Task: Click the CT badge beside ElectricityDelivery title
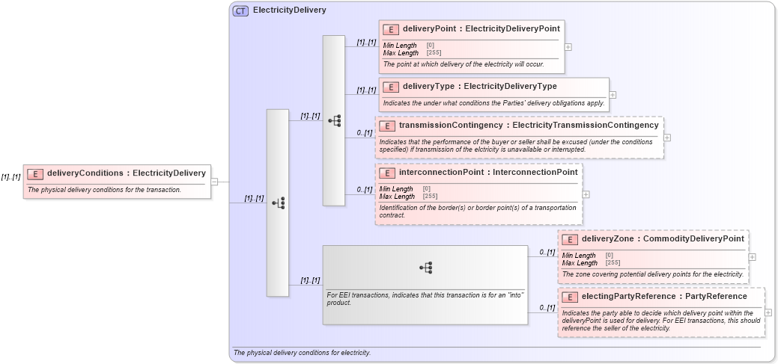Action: pos(240,11)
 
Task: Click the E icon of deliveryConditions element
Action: pos(34,173)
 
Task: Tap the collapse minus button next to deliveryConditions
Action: pos(214,181)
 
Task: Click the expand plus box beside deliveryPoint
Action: pos(568,46)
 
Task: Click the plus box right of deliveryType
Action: pos(613,95)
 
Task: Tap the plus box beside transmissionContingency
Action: pos(667,138)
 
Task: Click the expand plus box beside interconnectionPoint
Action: pos(586,194)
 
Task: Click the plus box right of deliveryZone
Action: pos(752,257)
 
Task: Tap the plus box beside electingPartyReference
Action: pos(768,312)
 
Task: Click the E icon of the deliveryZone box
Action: pos(569,239)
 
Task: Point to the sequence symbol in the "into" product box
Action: pos(426,267)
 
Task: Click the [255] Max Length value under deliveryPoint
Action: pos(434,53)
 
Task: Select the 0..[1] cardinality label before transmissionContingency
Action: pos(365,133)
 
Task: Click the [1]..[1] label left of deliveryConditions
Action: pos(10,177)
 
